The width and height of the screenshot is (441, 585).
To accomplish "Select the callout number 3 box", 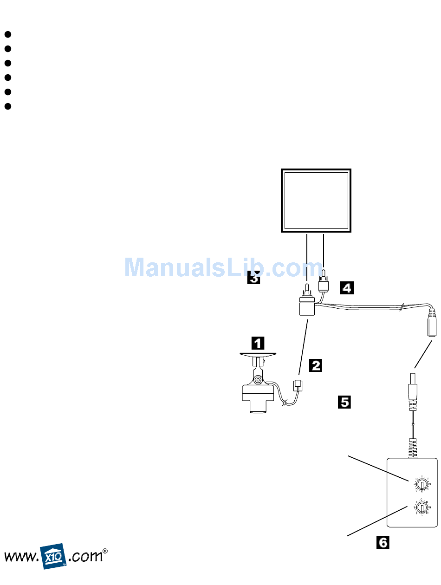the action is coord(253,277).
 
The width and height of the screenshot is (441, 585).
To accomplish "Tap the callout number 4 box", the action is coord(346,288).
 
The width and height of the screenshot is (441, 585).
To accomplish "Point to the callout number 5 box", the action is coord(344,401).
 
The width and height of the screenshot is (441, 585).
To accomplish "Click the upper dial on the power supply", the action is coord(421,484).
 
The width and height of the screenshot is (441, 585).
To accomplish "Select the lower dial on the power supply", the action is coord(421,507).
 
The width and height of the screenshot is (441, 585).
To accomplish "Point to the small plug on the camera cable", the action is coord(298,385).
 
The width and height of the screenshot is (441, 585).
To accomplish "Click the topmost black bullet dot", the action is coord(7,34).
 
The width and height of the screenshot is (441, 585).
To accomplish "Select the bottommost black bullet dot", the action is coord(7,106).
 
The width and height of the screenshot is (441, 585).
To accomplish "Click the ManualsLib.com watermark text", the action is coord(223,267).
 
